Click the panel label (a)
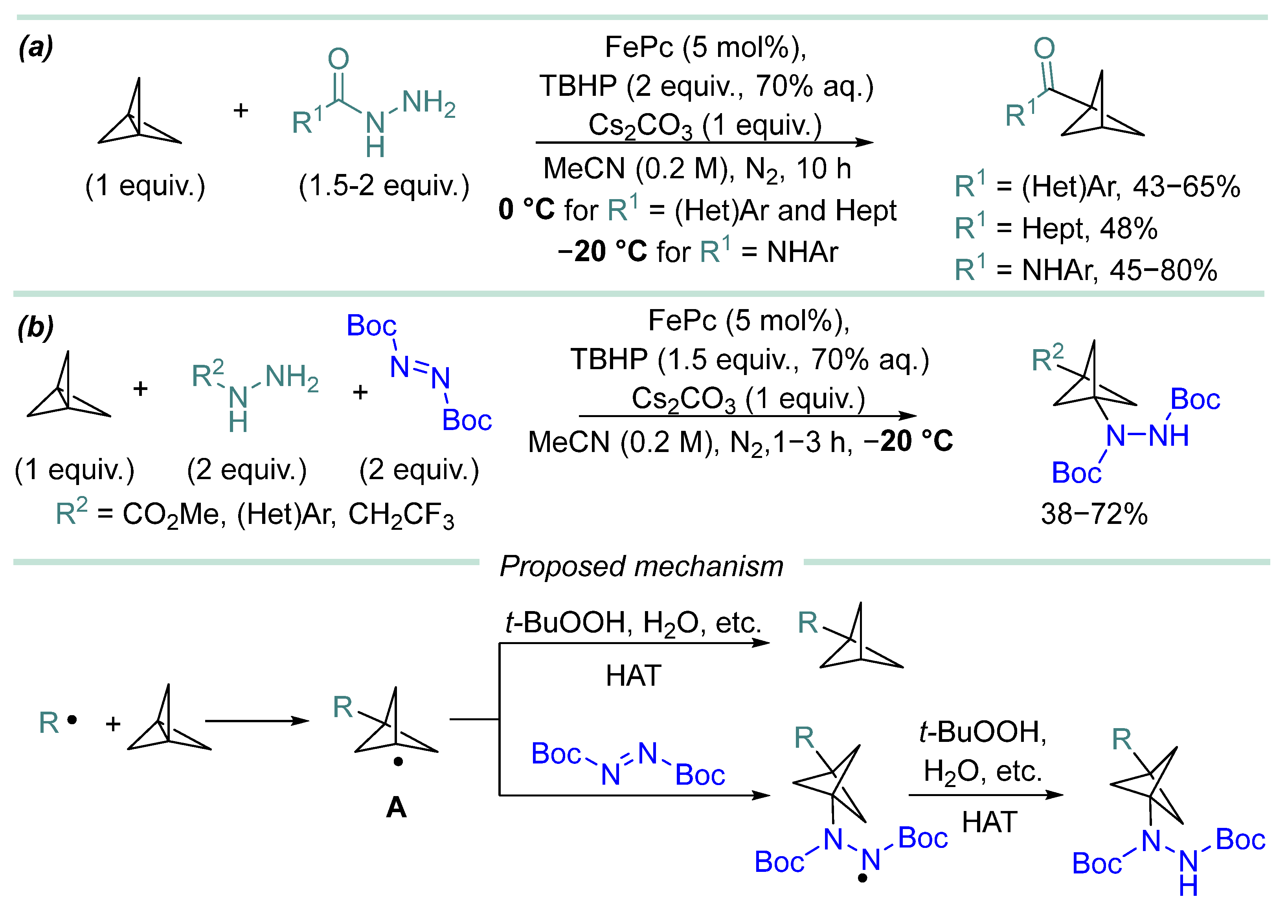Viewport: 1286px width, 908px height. pyautogui.click(x=36, y=47)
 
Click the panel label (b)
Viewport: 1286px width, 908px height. pyautogui.click(x=36, y=328)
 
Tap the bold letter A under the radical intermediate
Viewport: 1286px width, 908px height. pyautogui.click(x=396, y=808)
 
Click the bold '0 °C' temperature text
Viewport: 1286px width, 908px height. pyautogui.click(x=527, y=210)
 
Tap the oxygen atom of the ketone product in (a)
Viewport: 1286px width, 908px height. pyautogui.click(x=1044, y=48)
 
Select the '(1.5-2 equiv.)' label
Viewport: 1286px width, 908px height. pyautogui.click(x=384, y=185)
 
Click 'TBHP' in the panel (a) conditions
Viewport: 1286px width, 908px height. pyautogui.click(x=577, y=86)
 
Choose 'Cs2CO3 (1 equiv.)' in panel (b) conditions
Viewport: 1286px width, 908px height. pyautogui.click(x=748, y=400)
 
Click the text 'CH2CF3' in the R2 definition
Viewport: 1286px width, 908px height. pyautogui.click(x=401, y=515)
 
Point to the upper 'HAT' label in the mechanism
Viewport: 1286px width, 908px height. pyautogui.click(x=634, y=676)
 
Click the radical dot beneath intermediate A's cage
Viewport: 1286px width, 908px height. pyautogui.click(x=398, y=762)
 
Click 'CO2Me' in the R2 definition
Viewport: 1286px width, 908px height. pyautogui.click(x=174, y=515)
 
